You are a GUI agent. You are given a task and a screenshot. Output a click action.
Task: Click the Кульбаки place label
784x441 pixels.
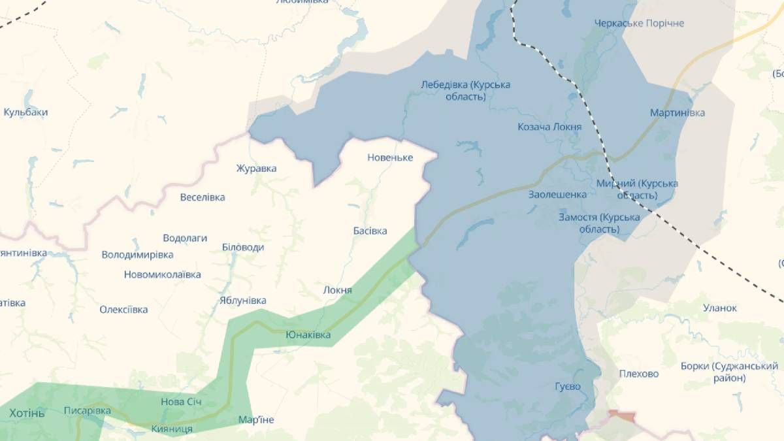(x=25, y=112)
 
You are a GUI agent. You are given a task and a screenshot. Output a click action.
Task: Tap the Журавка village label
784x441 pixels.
(x=256, y=169)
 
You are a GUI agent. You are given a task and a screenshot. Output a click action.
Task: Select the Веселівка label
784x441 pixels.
(x=202, y=197)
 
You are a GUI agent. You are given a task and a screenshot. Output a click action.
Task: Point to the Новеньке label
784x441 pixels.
(x=390, y=157)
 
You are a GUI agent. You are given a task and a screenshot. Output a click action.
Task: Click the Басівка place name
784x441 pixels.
(x=370, y=231)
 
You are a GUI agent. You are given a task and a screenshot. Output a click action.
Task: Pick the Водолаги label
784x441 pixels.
(x=185, y=238)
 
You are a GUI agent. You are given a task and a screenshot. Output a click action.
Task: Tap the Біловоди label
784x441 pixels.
(x=243, y=248)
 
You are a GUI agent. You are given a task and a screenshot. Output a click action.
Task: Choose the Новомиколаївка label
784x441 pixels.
(x=162, y=275)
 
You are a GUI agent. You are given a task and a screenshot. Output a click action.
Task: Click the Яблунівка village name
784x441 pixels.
(x=242, y=301)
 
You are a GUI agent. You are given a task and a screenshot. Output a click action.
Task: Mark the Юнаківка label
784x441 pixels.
(x=308, y=335)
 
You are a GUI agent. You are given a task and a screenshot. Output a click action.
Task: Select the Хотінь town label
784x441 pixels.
(x=27, y=414)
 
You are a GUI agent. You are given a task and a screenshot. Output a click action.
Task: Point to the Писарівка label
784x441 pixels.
(x=87, y=411)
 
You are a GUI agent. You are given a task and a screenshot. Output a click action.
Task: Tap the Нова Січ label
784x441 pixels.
(x=182, y=402)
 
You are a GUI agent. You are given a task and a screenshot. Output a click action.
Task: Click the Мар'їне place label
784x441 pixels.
(x=256, y=419)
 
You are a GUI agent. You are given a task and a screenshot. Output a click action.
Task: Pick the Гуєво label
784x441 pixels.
(x=567, y=387)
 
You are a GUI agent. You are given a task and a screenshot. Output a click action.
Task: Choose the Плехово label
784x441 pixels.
(x=639, y=374)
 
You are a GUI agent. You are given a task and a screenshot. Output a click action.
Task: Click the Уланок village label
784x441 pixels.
(x=719, y=308)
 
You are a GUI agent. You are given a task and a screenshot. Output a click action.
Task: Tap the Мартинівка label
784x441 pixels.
(x=678, y=113)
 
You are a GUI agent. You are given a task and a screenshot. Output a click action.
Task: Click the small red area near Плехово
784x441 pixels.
(x=621, y=416)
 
